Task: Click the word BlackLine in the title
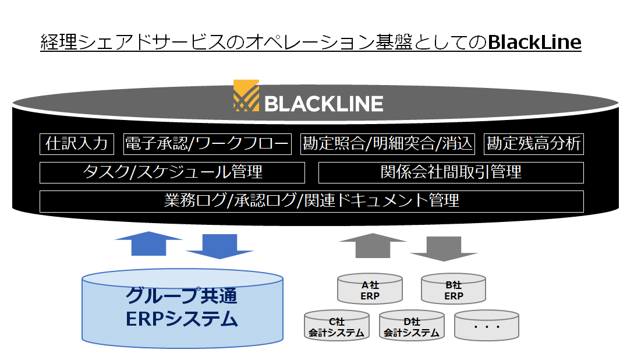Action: coord(534,42)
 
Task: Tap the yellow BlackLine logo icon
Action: coord(246,96)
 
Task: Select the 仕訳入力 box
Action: coord(77,144)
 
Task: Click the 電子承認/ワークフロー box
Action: coord(207,144)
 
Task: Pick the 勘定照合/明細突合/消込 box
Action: coord(388,144)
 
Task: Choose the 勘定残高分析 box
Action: coord(534,144)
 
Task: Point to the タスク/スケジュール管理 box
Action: coord(172,173)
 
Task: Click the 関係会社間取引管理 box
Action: coord(451,173)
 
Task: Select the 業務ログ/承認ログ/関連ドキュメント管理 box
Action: coord(311,202)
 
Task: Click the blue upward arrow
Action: coord(149,243)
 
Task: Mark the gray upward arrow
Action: coord(373,245)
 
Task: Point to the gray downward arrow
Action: coord(444,249)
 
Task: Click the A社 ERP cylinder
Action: coord(370,289)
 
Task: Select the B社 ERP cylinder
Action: coord(454,289)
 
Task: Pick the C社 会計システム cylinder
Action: coord(337,326)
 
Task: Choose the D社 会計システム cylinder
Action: coord(412,326)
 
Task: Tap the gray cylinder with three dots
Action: coord(487,326)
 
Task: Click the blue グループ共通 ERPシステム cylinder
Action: coord(182,308)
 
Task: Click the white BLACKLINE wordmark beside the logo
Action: coord(324,104)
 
